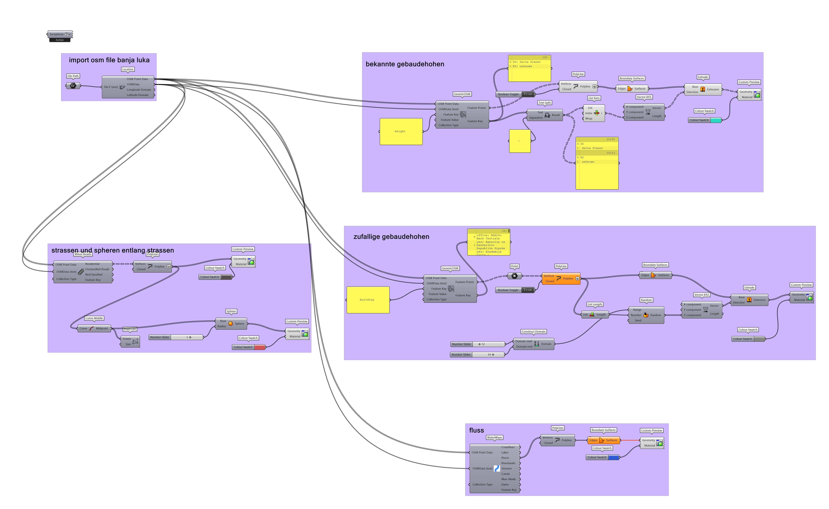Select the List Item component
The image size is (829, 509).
click(594, 113)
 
